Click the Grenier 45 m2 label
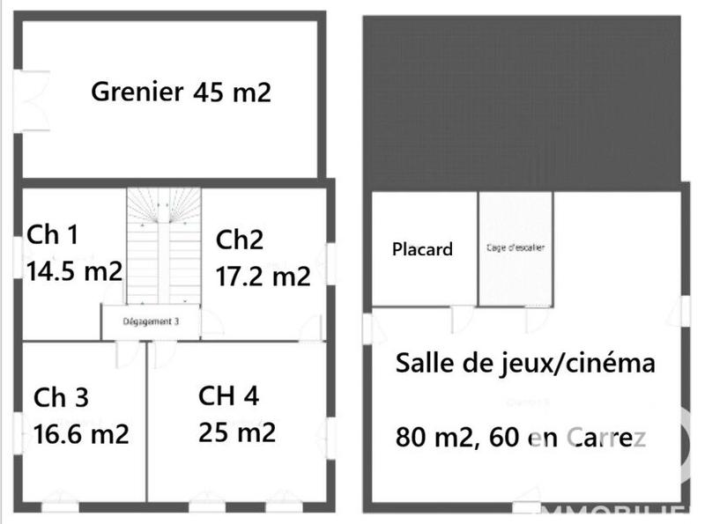(x=182, y=92)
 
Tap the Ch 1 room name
(x=53, y=235)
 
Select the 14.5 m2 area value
(x=74, y=270)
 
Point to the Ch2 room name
(x=240, y=240)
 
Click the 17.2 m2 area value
(x=263, y=277)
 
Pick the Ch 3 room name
(x=61, y=397)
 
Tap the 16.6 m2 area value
(x=81, y=433)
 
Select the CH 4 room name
(x=229, y=396)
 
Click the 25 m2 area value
(x=238, y=432)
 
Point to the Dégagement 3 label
(x=151, y=322)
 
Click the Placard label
(x=422, y=249)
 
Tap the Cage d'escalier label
(x=516, y=248)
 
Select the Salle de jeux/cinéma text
(x=525, y=363)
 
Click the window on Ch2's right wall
(x=331, y=263)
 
